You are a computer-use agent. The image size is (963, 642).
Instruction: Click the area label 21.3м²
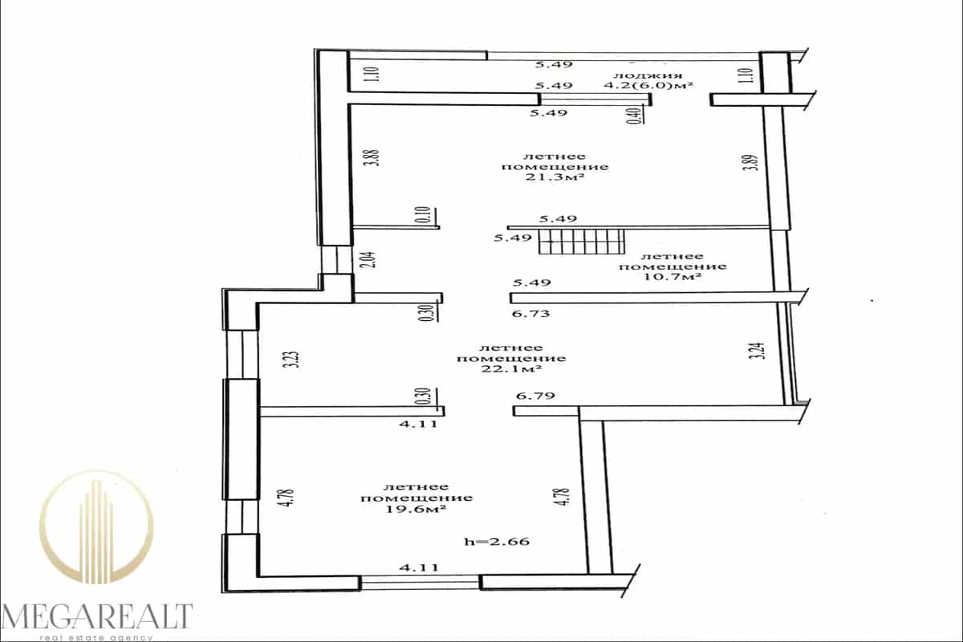click(x=555, y=177)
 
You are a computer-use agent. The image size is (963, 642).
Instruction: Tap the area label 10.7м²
click(x=672, y=277)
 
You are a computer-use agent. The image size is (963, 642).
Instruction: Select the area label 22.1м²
click(x=510, y=369)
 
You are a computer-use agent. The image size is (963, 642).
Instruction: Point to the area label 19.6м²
click(x=416, y=509)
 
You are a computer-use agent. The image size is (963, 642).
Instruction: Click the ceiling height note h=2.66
click(x=497, y=541)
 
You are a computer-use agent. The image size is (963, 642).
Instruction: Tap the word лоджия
click(x=648, y=75)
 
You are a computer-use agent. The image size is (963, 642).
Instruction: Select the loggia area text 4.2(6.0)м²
click(x=648, y=85)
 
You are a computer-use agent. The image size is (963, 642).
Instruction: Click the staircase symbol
click(x=582, y=242)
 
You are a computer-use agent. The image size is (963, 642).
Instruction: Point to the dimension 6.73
click(x=531, y=314)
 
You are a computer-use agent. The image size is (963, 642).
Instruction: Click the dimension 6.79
click(x=535, y=395)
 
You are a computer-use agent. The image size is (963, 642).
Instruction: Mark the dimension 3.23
click(x=295, y=360)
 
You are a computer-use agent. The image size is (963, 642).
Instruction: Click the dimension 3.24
click(x=760, y=351)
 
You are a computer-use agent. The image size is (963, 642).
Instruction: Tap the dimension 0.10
click(x=425, y=214)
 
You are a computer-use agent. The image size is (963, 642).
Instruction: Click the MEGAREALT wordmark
click(x=96, y=616)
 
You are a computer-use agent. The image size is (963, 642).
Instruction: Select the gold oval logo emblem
click(x=96, y=526)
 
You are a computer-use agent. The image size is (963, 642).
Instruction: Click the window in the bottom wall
click(x=420, y=583)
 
